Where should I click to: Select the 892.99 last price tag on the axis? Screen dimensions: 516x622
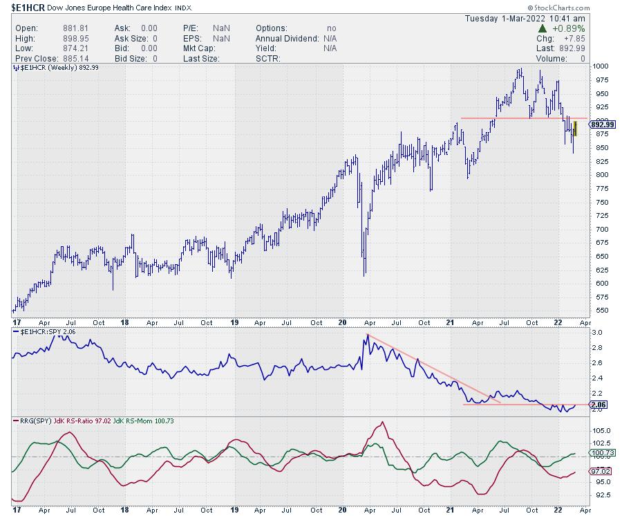601,125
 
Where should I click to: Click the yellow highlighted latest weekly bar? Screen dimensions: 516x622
574,128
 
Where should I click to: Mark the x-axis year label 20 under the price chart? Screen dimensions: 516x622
342,322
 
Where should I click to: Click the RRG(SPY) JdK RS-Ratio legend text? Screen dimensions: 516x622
69,420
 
